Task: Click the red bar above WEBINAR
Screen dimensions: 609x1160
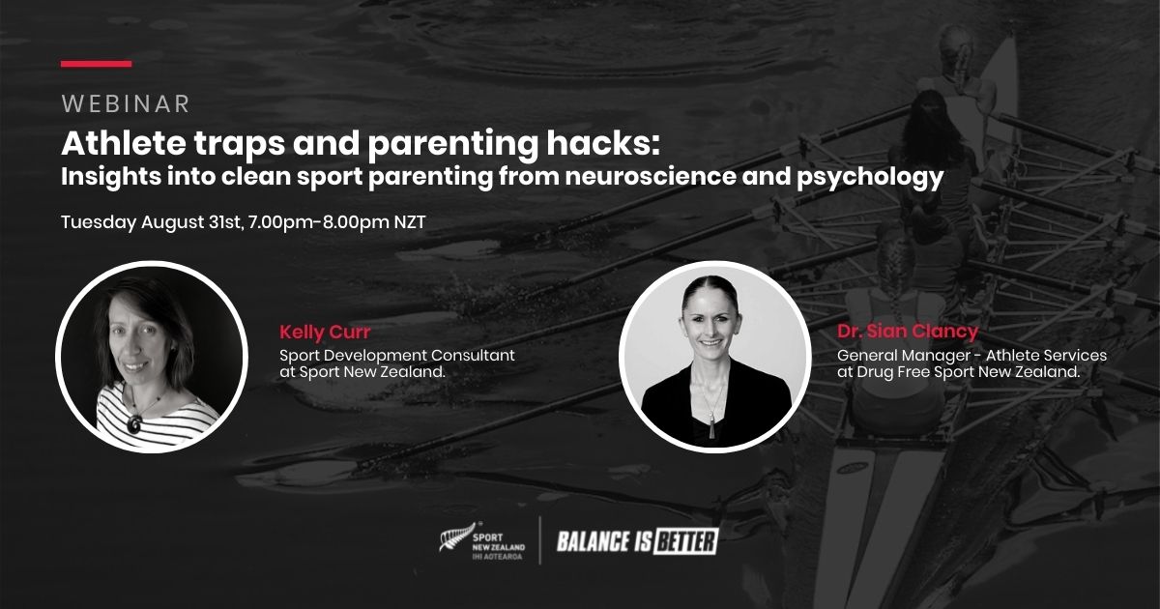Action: pos(96,64)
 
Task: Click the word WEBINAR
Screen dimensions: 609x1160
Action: pos(125,103)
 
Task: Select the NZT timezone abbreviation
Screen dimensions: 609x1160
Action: pos(409,221)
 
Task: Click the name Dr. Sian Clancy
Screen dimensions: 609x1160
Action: pos(908,333)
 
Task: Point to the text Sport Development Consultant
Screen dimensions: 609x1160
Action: pos(397,355)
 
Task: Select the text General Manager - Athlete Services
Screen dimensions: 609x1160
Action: pos(971,355)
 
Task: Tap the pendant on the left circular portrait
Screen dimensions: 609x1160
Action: pos(135,423)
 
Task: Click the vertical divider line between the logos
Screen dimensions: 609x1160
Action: pos(539,540)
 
